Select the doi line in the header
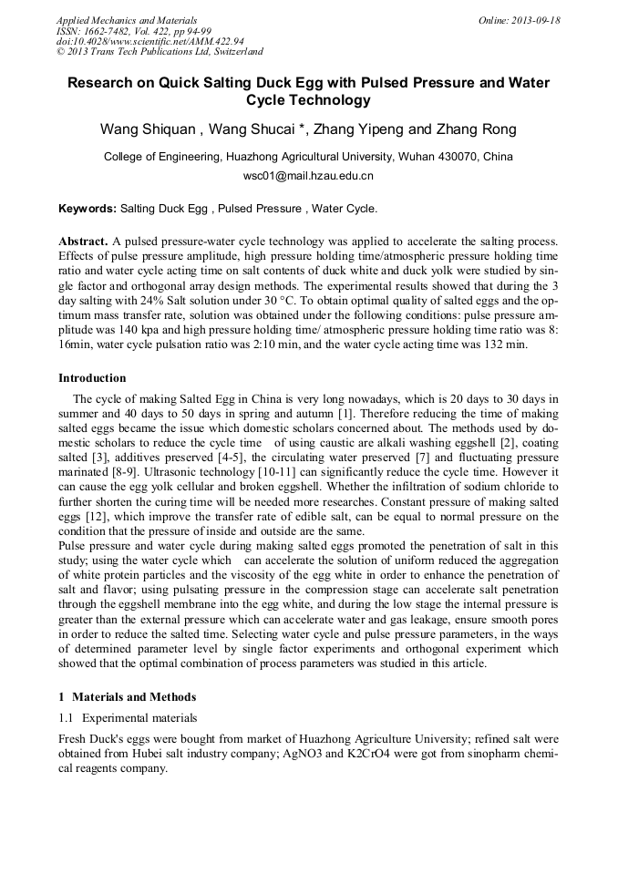[x=149, y=41]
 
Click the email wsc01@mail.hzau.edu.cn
[x=308, y=176]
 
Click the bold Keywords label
[x=88, y=209]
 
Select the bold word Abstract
[x=83, y=242]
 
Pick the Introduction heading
[x=92, y=378]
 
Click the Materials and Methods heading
[x=133, y=697]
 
